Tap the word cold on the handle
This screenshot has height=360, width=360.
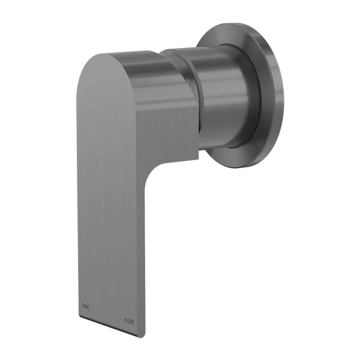pyautogui.click(x=129, y=321)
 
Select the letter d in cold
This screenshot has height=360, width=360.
pyautogui.click(x=133, y=321)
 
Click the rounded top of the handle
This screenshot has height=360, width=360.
pyautogui.click(x=120, y=55)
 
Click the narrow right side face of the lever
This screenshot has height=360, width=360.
pyautogui.click(x=144, y=252)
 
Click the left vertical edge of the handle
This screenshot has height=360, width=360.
pyautogui.click(x=77, y=180)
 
